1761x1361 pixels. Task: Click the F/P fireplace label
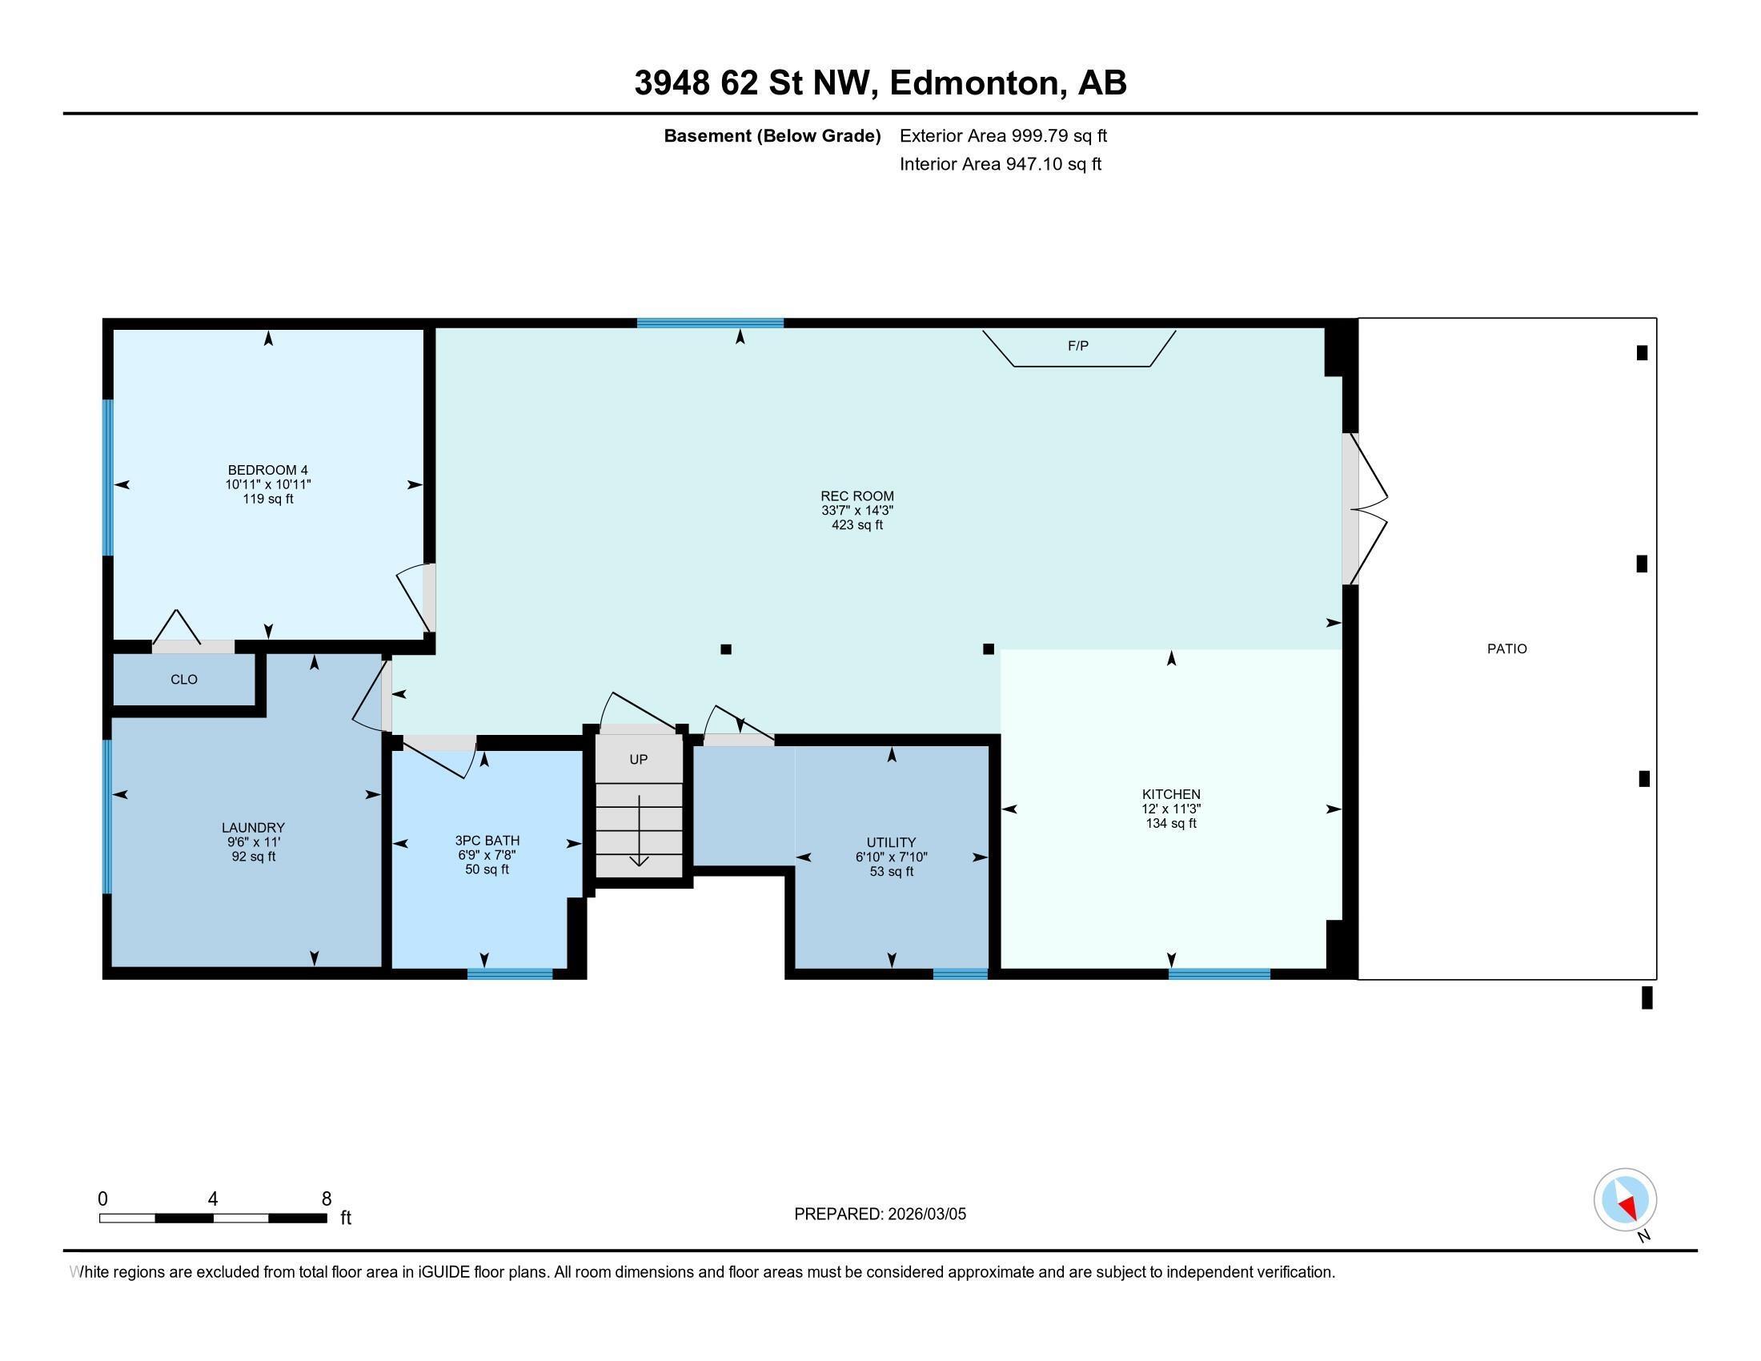(1077, 346)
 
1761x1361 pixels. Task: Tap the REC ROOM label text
(857, 496)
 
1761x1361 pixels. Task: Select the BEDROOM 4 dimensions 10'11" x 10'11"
(267, 484)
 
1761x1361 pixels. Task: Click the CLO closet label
(184, 680)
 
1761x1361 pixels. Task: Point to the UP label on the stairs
(639, 760)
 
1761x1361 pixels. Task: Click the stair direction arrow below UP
(640, 830)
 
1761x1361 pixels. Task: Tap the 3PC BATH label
(487, 840)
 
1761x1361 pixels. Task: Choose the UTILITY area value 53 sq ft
(891, 872)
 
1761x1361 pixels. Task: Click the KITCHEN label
(1171, 794)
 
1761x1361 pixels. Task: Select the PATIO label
(1507, 648)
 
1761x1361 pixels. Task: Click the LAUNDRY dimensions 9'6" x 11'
(253, 841)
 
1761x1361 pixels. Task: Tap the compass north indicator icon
(1625, 1200)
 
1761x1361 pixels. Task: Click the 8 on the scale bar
(327, 1199)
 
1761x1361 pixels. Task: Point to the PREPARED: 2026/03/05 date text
(880, 1214)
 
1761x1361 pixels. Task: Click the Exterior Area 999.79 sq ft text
(1003, 135)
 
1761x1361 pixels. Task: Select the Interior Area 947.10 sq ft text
(1000, 164)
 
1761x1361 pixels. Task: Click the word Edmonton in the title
(974, 83)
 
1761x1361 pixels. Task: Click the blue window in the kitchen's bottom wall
(1219, 974)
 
